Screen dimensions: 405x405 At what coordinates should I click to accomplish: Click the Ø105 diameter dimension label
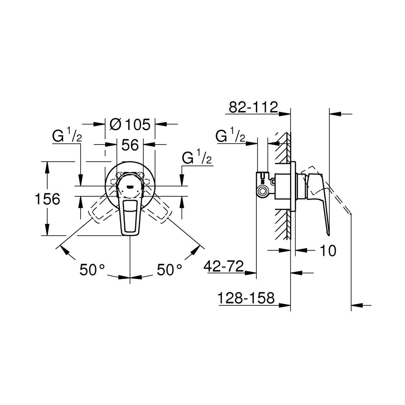click(130, 124)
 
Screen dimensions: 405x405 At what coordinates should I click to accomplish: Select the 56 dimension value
click(130, 145)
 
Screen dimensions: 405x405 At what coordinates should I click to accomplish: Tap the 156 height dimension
click(47, 199)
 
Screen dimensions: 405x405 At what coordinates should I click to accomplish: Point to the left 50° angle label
click(92, 270)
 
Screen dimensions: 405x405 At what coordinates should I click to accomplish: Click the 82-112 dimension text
click(253, 108)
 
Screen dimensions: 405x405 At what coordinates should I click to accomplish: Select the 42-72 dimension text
click(224, 266)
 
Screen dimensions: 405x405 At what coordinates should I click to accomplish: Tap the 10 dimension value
click(328, 251)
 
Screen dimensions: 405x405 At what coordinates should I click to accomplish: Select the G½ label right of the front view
click(197, 158)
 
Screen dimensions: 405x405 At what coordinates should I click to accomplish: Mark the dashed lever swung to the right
click(160, 211)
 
